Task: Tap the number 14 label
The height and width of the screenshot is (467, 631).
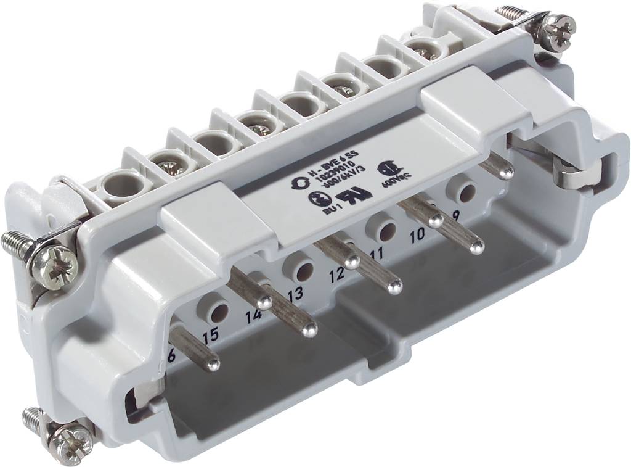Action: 253,317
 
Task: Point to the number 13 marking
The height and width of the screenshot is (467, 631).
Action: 295,294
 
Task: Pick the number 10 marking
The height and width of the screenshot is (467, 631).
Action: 417,234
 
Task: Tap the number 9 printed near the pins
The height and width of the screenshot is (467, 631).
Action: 456,215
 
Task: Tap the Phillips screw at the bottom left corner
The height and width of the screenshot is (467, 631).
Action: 70,440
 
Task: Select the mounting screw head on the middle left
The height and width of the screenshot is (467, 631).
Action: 60,267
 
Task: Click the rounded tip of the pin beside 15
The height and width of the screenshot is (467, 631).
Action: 213,364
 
